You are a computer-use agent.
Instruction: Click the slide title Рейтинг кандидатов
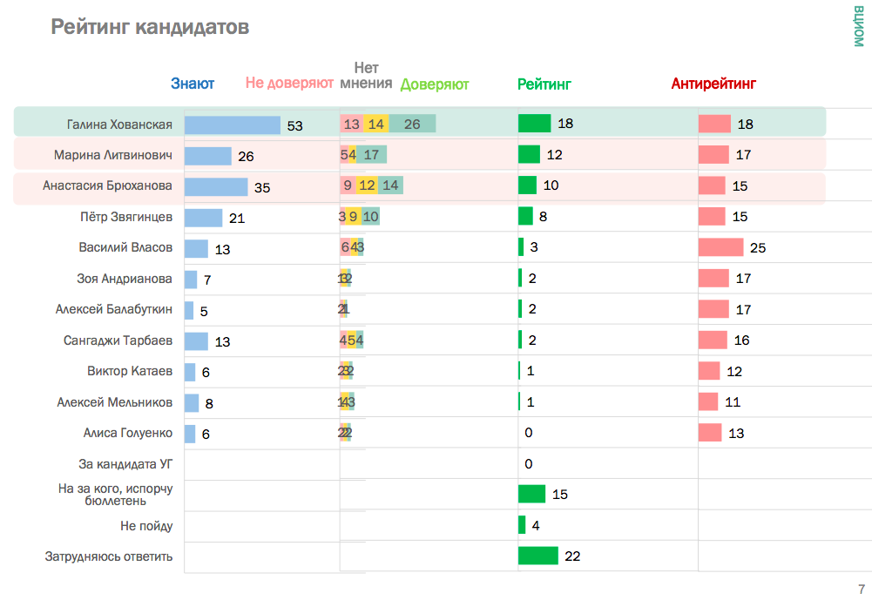coord(150,28)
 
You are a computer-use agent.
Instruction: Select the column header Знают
coord(193,84)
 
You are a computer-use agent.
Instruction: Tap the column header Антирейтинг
coord(713,84)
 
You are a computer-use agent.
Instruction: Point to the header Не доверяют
coord(289,84)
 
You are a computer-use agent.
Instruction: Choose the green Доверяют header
coord(435,84)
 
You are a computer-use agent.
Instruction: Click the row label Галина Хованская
coord(119,125)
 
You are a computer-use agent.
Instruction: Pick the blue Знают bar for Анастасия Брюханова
coord(216,186)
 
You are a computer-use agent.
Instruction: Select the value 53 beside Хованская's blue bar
coord(294,125)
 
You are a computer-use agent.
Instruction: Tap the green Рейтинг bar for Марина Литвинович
coord(529,155)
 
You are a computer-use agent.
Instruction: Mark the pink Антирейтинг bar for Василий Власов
coord(720,247)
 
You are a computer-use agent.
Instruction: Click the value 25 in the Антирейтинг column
coord(758,248)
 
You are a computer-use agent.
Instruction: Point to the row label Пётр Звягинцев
coord(125,217)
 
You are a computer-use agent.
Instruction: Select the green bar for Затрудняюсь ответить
coord(537,556)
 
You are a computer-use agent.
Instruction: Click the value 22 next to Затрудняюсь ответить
coord(572,556)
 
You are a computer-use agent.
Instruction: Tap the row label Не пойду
coord(146,526)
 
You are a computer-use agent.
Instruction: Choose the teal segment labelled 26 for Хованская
coord(412,125)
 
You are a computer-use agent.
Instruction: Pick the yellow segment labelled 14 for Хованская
coord(376,125)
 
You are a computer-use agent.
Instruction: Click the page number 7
coord(862,589)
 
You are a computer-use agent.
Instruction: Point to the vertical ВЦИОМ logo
coord(859,26)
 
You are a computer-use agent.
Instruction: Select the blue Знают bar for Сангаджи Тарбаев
coord(196,340)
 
